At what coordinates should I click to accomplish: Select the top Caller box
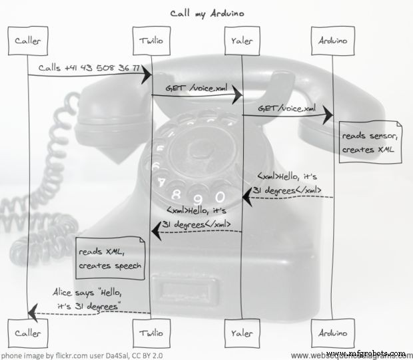[28, 41]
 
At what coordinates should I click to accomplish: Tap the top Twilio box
[151, 41]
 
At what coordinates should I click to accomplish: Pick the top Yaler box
[242, 41]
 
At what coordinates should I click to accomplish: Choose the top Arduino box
[331, 41]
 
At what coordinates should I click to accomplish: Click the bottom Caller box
[28, 331]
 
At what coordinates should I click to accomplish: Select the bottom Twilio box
[151, 331]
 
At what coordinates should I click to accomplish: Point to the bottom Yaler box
[242, 331]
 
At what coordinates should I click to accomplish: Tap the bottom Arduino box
[331, 331]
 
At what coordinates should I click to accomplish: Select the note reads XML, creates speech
[109, 259]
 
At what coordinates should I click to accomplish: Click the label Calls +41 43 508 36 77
[89, 68]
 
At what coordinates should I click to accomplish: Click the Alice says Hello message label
[89, 300]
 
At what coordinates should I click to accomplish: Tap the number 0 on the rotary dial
[220, 196]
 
